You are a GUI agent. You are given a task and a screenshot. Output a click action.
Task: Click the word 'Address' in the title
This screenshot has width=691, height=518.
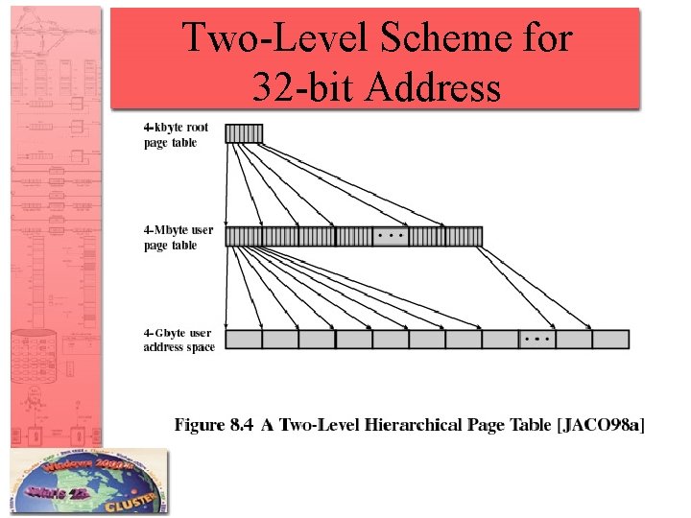(x=438, y=87)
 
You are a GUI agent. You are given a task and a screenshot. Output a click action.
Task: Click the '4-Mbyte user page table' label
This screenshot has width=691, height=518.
(x=178, y=238)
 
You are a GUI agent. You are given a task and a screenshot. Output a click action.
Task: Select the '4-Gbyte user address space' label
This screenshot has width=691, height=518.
(x=179, y=340)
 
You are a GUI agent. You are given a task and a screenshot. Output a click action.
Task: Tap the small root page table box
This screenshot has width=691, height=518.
(x=244, y=133)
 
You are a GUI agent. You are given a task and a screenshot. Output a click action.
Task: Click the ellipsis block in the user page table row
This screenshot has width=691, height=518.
(x=390, y=236)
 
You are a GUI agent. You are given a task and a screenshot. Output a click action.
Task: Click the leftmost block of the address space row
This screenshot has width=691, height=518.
(x=244, y=339)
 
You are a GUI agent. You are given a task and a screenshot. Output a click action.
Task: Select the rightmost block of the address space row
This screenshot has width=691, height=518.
(x=610, y=339)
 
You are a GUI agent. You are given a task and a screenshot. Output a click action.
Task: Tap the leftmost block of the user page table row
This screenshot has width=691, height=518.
(x=244, y=236)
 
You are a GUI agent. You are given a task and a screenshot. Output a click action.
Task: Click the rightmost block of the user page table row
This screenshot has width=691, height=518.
(x=464, y=236)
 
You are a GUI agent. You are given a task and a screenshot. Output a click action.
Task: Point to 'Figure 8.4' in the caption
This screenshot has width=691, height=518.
(x=214, y=425)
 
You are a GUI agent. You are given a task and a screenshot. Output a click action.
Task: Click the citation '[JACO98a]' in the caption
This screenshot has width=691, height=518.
(x=601, y=425)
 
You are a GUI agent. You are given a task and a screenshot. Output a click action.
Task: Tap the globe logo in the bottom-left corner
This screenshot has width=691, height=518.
(x=86, y=483)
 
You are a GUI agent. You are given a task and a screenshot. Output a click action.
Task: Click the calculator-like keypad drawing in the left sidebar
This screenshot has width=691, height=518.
(x=39, y=359)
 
